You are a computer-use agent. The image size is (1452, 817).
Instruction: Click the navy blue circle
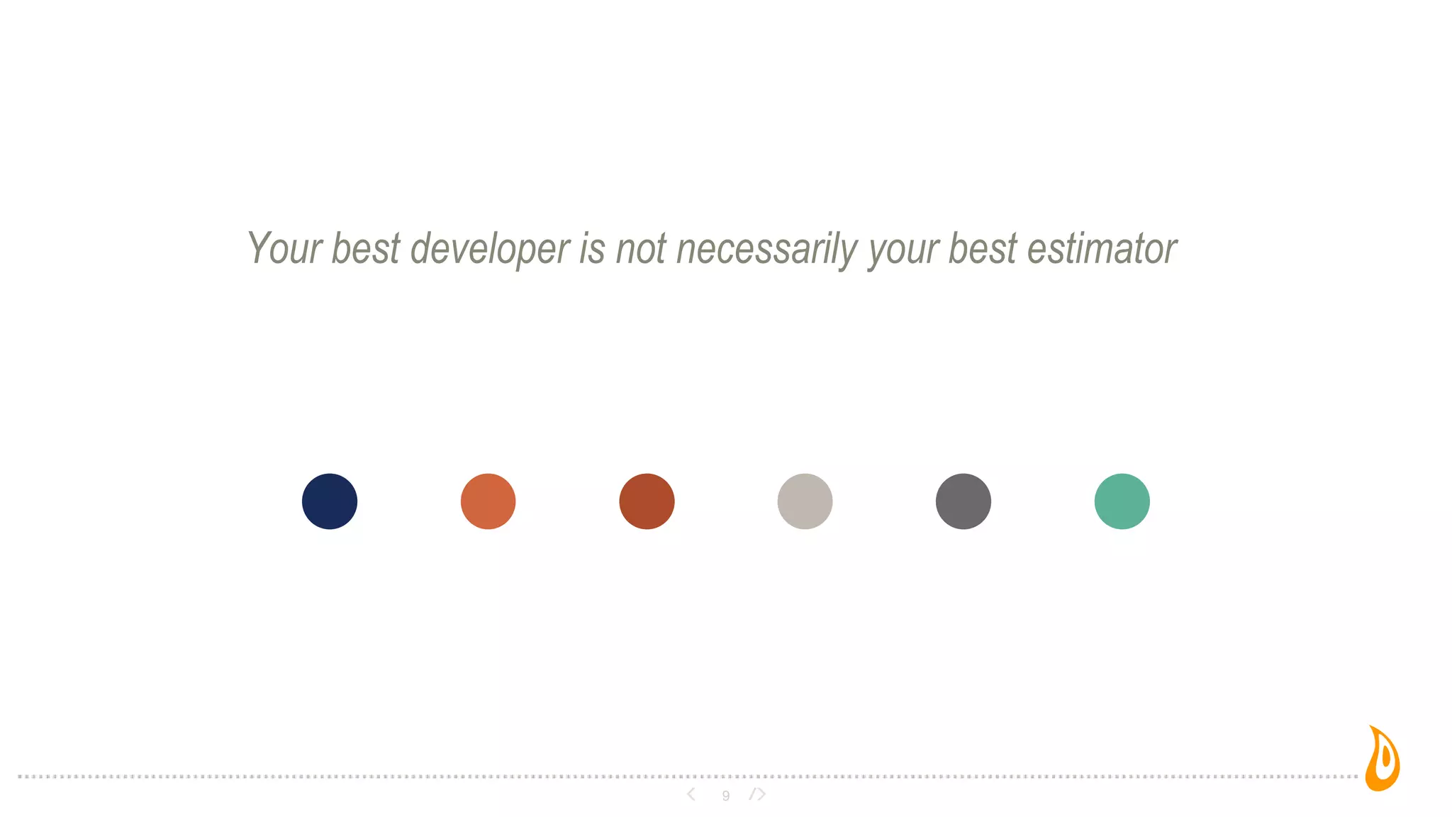[330, 501]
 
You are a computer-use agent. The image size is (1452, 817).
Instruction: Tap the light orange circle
[488, 501]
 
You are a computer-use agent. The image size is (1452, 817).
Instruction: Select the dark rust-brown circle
[647, 501]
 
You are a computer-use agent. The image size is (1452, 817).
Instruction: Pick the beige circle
[805, 501]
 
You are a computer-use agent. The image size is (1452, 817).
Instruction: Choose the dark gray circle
[964, 501]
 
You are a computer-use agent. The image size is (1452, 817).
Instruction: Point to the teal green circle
[1122, 501]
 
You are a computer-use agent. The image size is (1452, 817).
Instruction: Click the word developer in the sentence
[490, 249]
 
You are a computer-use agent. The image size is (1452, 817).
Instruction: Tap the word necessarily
[767, 249]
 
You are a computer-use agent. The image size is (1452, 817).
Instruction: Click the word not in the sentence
[641, 249]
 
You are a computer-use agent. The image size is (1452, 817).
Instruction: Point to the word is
[592, 249]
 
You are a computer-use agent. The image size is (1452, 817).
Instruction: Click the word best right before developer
[366, 249]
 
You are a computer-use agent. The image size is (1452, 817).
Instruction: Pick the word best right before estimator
[983, 249]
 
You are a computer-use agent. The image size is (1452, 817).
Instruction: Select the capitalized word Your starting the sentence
[284, 249]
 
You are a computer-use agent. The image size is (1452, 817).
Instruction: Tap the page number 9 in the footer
[725, 796]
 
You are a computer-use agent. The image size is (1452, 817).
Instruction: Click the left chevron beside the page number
[691, 794]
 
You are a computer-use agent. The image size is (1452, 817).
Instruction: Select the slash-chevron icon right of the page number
[758, 794]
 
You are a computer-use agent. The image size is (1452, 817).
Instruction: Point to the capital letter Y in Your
[258, 248]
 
